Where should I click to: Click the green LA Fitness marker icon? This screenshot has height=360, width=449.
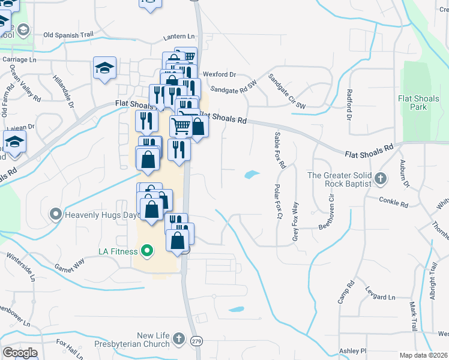coord(148,250)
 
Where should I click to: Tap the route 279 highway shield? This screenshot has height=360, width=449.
coord(196,341)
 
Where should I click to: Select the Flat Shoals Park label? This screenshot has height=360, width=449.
coord(421,103)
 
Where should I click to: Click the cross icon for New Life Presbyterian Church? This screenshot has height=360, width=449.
coord(178,340)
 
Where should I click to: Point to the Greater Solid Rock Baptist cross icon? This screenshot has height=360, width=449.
coord(380,178)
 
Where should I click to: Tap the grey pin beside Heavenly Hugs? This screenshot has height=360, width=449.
coord(56,214)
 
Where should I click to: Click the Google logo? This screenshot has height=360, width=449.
coord(20,353)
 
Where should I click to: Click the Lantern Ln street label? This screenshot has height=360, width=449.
coord(179,37)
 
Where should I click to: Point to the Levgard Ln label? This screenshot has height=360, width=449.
coord(380,297)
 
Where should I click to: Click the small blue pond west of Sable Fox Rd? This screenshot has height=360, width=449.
coord(252,175)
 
